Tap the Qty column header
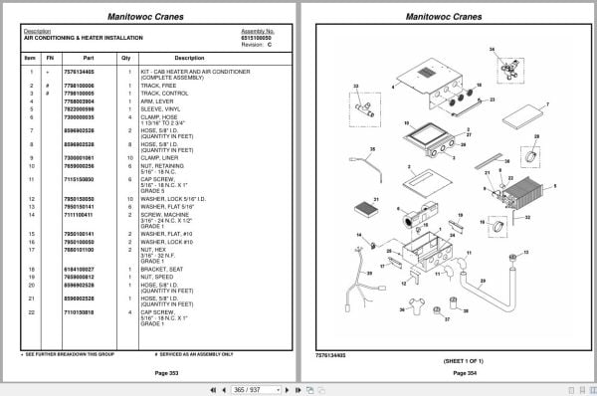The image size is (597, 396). click(x=126, y=57)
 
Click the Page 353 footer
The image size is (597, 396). click(x=153, y=373)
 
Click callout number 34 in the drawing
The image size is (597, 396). click(x=491, y=49)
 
